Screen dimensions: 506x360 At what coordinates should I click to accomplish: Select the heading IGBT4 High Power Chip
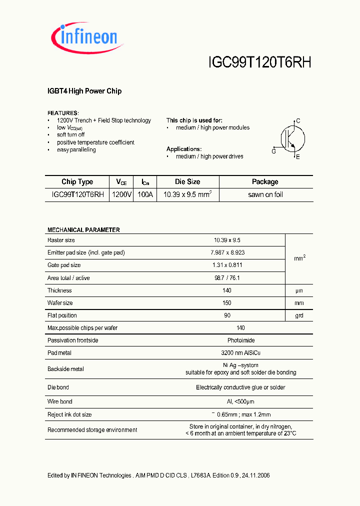pyautogui.click(x=84, y=91)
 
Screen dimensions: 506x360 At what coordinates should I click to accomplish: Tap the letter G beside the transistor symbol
pyautogui.click(x=273, y=151)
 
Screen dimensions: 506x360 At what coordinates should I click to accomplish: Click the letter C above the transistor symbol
pyautogui.click(x=298, y=121)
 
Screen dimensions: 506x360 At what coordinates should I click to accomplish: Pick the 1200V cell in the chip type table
pyautogui.click(x=122, y=194)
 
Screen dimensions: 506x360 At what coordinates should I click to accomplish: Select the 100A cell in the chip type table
pyautogui.click(x=144, y=194)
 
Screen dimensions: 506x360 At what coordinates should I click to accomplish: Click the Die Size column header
pyautogui.click(x=187, y=182)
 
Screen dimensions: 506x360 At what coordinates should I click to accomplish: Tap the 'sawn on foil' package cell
pyautogui.click(x=265, y=194)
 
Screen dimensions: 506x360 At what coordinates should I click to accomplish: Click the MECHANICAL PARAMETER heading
pyautogui.click(x=83, y=230)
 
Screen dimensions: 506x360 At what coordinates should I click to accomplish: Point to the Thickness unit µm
pyautogui.click(x=299, y=290)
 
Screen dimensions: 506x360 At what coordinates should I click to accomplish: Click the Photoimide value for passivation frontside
pyautogui.click(x=240, y=340)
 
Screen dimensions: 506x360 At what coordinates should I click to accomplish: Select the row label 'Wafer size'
pyautogui.click(x=60, y=303)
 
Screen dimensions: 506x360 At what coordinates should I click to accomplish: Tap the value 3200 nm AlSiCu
pyautogui.click(x=240, y=353)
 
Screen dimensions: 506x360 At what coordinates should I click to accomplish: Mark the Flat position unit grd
pyautogui.click(x=299, y=315)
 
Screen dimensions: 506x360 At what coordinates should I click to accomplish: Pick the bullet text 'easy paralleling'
pyautogui.click(x=76, y=149)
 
